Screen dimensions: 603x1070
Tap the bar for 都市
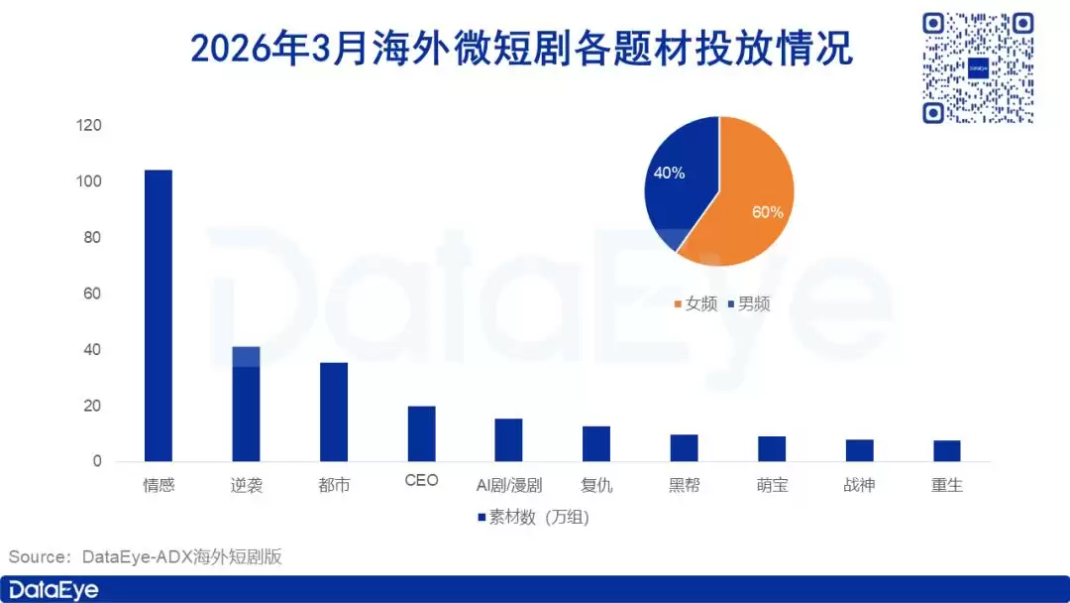click(334, 412)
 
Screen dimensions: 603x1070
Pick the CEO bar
click(421, 433)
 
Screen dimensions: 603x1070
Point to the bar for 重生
click(947, 451)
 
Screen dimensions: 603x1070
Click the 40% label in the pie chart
click(669, 173)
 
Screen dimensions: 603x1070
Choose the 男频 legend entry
click(748, 303)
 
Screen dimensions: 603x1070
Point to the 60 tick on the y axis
click(93, 295)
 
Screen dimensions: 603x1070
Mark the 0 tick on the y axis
click(97, 462)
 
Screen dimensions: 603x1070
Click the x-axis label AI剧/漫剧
click(509, 486)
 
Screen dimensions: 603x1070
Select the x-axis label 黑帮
click(685, 486)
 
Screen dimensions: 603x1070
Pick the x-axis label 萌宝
click(772, 486)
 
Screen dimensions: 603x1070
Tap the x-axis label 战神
click(859, 486)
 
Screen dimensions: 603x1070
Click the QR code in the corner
click(977, 67)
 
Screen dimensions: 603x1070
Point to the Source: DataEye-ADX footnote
click(146, 556)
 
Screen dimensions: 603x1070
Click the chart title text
click(521, 49)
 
